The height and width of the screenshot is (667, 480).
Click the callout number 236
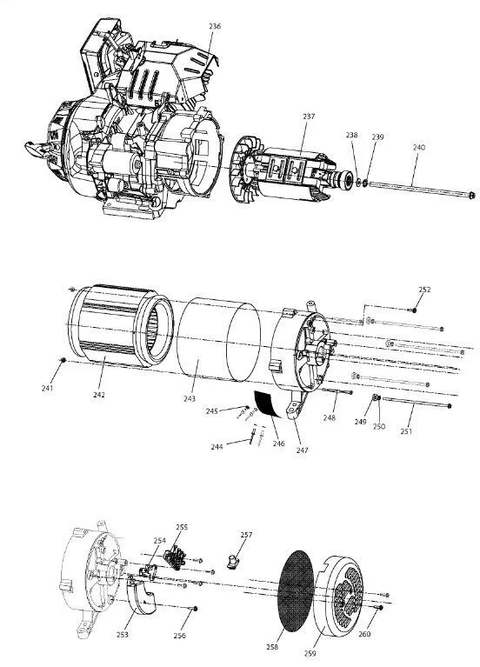(215, 26)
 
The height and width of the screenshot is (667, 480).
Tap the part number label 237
(309, 117)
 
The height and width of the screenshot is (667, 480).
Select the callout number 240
(419, 148)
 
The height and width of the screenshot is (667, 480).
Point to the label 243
(190, 398)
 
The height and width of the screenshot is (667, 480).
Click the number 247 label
(302, 450)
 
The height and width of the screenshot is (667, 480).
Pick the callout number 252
(424, 290)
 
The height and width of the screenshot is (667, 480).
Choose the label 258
(272, 647)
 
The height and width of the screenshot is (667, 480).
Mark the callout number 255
(182, 527)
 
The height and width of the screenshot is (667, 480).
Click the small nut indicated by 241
(63, 360)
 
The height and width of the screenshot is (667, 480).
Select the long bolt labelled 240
(422, 189)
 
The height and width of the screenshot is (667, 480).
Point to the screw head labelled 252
(414, 310)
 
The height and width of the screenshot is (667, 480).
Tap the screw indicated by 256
(196, 609)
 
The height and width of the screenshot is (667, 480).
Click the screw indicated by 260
(380, 608)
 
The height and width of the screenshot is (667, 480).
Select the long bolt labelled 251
(417, 403)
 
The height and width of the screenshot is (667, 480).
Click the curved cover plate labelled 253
(142, 596)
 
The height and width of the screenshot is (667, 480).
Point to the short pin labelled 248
(337, 390)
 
